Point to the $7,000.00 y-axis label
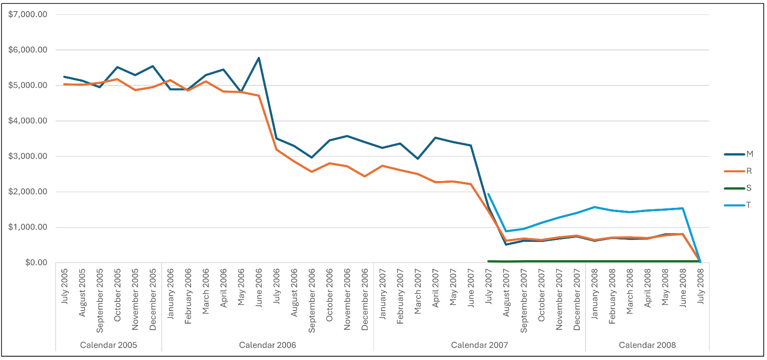(28, 14)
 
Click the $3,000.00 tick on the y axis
(28, 156)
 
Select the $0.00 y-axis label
(36, 263)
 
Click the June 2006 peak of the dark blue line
(259, 58)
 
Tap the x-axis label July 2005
(65, 287)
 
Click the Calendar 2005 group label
(108, 345)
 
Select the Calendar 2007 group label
(479, 345)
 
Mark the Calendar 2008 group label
(647, 345)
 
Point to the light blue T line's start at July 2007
(488, 194)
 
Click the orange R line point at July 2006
(277, 150)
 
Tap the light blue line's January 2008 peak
(595, 207)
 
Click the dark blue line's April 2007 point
(435, 138)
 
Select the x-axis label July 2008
(701, 287)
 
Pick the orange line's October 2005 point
(118, 79)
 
